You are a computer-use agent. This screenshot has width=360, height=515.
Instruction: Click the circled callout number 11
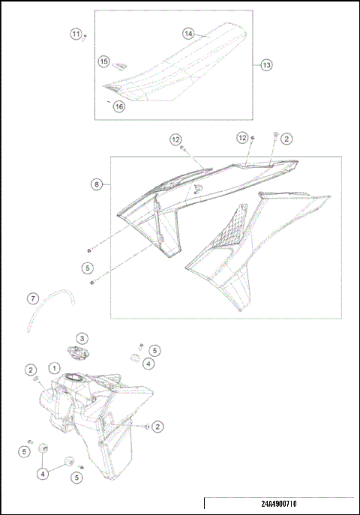click(x=76, y=34)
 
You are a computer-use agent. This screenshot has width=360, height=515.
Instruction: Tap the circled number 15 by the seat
click(x=104, y=61)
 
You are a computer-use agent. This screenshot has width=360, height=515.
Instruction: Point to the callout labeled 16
click(x=118, y=106)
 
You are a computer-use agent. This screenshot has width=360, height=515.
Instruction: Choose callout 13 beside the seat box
click(x=267, y=65)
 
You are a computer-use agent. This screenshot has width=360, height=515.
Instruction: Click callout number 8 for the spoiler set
click(x=97, y=184)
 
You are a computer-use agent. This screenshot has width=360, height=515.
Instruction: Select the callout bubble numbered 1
click(x=54, y=368)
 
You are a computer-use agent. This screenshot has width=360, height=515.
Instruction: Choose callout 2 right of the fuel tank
click(x=158, y=427)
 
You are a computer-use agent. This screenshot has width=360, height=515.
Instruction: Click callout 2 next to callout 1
click(x=31, y=370)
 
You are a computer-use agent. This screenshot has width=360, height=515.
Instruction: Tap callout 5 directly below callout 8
click(x=88, y=266)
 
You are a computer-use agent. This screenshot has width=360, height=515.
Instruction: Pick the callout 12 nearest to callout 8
click(x=175, y=139)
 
